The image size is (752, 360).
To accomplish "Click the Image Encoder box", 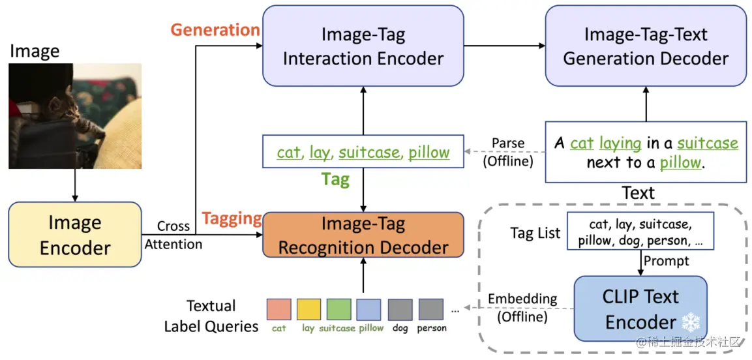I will click(75, 235).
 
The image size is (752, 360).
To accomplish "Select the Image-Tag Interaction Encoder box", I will click(363, 46).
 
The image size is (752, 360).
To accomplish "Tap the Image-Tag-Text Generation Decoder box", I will click(645, 46).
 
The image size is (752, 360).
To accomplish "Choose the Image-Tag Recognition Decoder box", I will click(363, 235).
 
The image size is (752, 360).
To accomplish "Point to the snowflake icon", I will click(689, 322).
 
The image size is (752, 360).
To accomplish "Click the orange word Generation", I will click(215, 30).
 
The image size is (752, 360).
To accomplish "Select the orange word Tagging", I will click(232, 219).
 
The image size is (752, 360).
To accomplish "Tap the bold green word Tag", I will click(335, 179).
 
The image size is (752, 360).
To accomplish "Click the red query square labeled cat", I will click(278, 309).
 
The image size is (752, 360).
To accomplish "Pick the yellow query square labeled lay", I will click(308, 309).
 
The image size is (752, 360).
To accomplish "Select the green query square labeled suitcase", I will click(338, 309).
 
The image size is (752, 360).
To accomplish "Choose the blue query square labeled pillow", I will click(369, 309).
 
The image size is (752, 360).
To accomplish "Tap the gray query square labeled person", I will click(431, 309).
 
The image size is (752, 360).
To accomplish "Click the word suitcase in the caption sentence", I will click(708, 143).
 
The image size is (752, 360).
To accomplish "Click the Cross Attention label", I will click(173, 235).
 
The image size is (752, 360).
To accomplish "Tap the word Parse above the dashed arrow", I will click(509, 143).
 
